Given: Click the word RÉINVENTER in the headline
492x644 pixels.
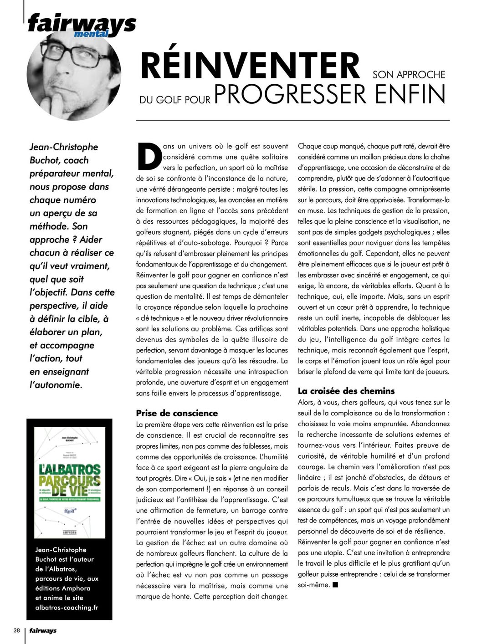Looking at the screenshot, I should pyautogui.click(x=250, y=66).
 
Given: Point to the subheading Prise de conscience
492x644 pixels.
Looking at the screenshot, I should pyautogui.click(x=177, y=413).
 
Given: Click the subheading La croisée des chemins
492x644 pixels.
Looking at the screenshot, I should pyautogui.click(x=346, y=391).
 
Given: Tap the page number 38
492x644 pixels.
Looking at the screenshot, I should pyautogui.click(x=17, y=630).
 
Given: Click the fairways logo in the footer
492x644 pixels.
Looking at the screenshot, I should pyautogui.click(x=43, y=631).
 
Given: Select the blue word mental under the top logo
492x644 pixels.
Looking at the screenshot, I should pyautogui.click(x=91, y=34).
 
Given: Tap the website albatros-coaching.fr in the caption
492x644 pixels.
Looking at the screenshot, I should pyautogui.click(x=67, y=608).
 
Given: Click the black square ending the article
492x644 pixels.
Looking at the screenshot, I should pyautogui.click(x=335, y=585).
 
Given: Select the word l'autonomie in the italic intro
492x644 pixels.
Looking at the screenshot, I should pyautogui.click(x=56, y=385).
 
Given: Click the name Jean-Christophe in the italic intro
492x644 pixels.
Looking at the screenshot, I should pyautogui.click(x=64, y=147).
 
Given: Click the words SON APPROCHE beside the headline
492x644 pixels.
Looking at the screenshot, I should pyautogui.click(x=409, y=75).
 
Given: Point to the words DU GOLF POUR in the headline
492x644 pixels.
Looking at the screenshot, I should pyautogui.click(x=175, y=99).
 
